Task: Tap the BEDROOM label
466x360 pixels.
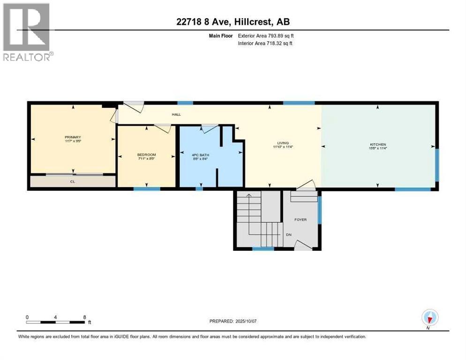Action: (146, 155)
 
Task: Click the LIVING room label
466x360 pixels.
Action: (283, 143)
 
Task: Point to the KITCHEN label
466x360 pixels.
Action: (376, 144)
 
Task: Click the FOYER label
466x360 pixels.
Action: (300, 219)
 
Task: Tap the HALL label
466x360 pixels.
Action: (176, 114)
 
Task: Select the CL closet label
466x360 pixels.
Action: (73, 181)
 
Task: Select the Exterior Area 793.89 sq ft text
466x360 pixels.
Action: (266, 36)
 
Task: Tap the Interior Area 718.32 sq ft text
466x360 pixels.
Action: (266, 44)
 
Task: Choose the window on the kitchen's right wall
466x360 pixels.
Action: (437, 165)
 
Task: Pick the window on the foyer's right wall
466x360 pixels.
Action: (320, 209)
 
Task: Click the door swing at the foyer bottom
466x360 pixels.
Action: (304, 245)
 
